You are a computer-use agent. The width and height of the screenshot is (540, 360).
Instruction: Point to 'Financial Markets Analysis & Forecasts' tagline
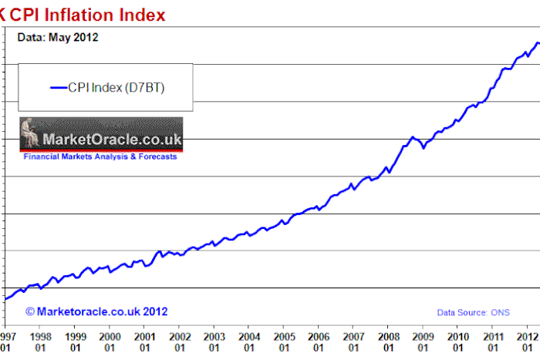tap(100, 156)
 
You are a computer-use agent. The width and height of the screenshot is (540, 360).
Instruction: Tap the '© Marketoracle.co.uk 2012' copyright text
tap(96, 311)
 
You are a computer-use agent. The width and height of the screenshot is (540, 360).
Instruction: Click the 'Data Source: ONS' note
tap(473, 312)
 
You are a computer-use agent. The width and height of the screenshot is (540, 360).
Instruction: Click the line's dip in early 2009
tap(424, 146)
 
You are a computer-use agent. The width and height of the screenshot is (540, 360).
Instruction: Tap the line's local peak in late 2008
tap(413, 137)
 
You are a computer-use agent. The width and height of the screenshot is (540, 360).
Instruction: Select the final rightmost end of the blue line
tap(538, 43)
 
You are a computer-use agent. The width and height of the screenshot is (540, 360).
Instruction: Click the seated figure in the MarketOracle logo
tap(30, 132)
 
